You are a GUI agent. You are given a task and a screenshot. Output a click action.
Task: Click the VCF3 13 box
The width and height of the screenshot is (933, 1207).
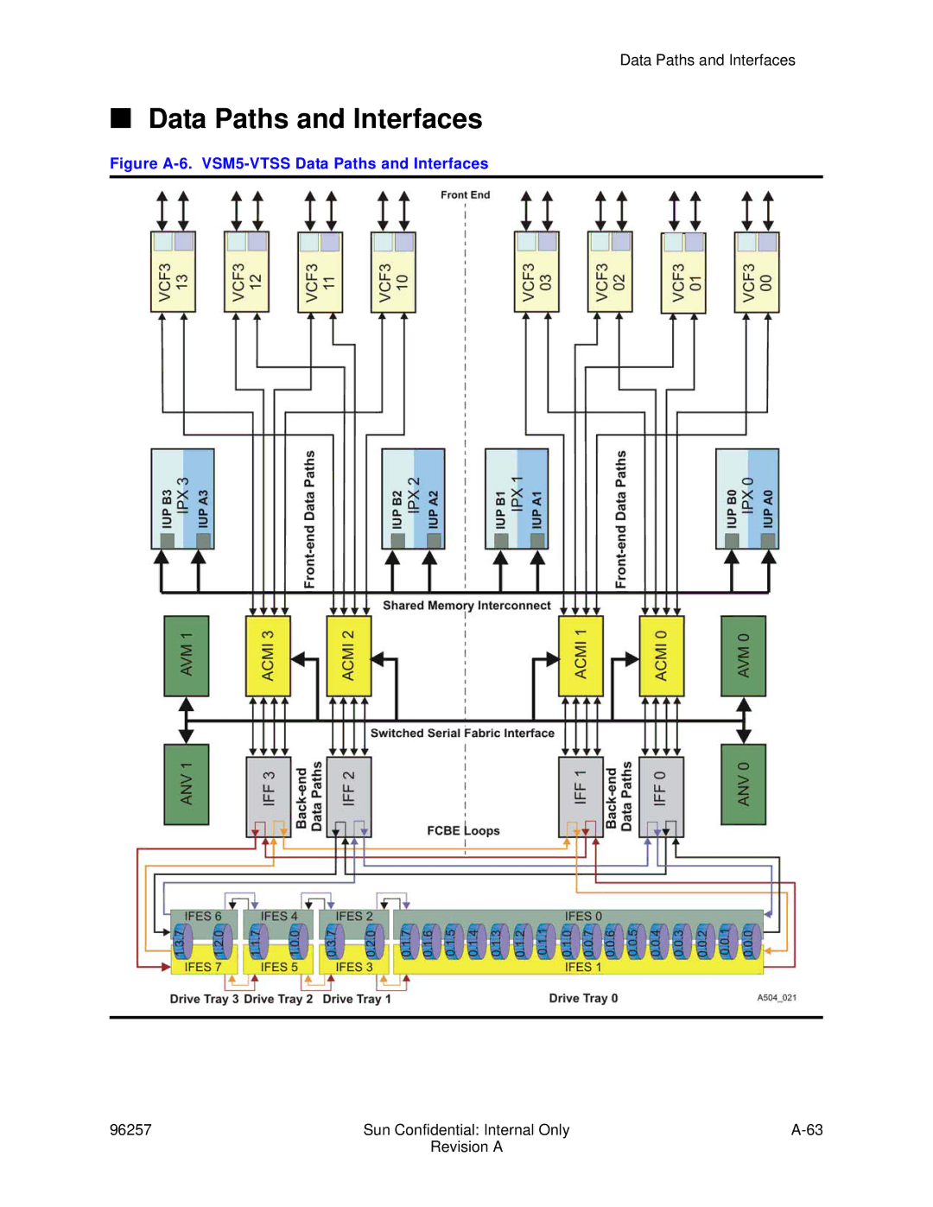[173, 272]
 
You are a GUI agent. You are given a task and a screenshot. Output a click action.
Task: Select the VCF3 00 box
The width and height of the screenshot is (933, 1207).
[757, 272]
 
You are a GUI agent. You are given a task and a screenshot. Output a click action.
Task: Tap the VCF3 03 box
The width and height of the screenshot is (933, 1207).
[536, 272]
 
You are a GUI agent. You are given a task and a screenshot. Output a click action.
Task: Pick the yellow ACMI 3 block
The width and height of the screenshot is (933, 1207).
[268, 656]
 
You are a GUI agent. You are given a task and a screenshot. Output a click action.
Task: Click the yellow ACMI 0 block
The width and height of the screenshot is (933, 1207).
[661, 656]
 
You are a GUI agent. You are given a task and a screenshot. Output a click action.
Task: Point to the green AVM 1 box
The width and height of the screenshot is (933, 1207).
[187, 656]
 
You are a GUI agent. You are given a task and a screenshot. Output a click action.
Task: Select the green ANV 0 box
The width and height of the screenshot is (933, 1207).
[743, 785]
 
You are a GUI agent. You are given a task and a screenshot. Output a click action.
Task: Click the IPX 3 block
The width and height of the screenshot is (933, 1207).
[182, 499]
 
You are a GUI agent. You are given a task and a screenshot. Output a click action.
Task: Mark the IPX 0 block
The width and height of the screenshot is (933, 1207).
[747, 499]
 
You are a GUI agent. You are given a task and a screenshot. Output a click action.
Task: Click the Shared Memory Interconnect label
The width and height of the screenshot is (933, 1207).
[466, 606]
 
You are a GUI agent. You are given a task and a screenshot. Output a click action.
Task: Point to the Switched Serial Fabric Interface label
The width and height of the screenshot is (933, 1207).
[462, 734]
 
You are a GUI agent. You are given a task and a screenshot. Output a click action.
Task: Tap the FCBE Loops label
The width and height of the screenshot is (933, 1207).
[463, 831]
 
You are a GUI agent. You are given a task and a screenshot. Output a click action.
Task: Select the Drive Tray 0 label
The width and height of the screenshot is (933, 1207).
[583, 999]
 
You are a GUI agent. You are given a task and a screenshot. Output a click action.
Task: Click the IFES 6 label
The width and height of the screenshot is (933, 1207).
[203, 917]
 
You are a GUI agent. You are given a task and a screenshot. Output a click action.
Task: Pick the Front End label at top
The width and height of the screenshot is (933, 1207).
[465, 195]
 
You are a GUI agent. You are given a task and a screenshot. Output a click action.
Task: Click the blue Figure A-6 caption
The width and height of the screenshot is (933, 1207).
[299, 164]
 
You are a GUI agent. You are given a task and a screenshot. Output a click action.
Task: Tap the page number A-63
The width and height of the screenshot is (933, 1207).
[807, 1130]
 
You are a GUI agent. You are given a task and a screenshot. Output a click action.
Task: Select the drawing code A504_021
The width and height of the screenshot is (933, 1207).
[777, 998]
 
